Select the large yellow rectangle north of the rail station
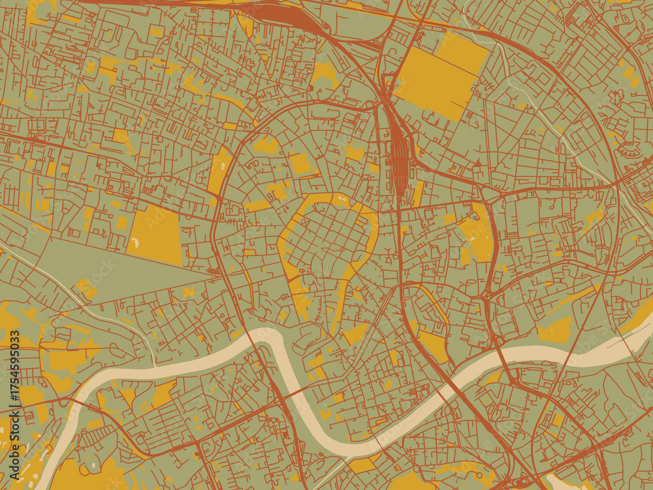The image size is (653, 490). (x=441, y=75)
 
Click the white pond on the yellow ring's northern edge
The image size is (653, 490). (x=341, y=197)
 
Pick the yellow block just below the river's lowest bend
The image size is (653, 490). (x=363, y=465)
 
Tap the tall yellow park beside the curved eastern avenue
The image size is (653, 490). (x=480, y=232)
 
